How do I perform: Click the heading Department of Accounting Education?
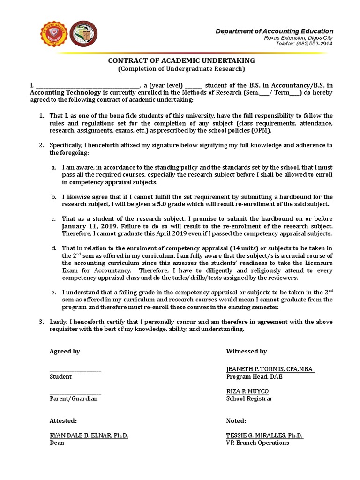point(274,31)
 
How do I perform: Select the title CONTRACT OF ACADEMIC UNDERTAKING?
point(182,60)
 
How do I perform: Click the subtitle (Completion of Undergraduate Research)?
point(181,69)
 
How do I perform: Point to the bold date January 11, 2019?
point(83,226)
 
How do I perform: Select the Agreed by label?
point(65,351)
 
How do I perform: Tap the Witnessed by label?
point(247,351)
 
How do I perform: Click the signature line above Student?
point(75,371)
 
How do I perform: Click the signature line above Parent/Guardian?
point(75,393)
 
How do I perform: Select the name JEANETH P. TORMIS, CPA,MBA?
point(270,369)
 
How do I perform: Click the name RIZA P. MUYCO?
point(247,391)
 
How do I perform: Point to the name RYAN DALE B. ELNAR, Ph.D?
point(89,435)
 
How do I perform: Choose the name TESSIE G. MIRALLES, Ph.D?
point(265,435)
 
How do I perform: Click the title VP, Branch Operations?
point(258,442)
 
